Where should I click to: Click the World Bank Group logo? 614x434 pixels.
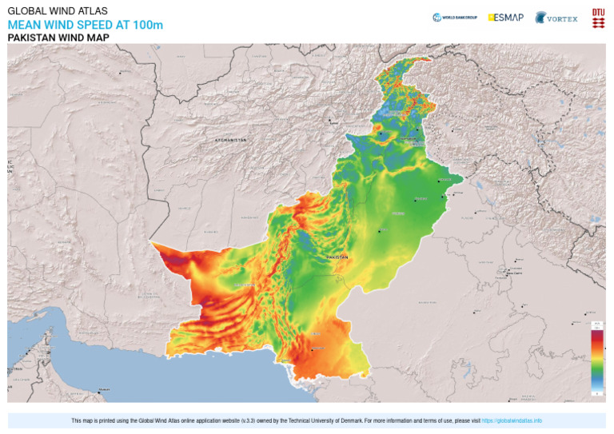click(x=455, y=17)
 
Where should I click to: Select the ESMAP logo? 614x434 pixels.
click(x=506, y=17)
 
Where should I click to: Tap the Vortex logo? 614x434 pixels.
click(x=556, y=18)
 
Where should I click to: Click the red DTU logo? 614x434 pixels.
click(x=598, y=18)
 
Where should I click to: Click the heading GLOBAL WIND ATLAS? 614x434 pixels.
click(x=58, y=11)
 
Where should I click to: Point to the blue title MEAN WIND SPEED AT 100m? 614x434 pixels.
click(x=85, y=25)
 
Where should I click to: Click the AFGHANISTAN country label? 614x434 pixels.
click(x=231, y=140)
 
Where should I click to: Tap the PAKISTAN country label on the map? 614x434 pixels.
click(x=337, y=257)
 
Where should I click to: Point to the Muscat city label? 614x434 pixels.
click(x=103, y=390)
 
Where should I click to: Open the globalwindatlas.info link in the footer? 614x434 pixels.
click(x=512, y=420)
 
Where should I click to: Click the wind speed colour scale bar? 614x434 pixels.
click(x=596, y=360)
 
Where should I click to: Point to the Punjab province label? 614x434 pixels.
click(x=397, y=214)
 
